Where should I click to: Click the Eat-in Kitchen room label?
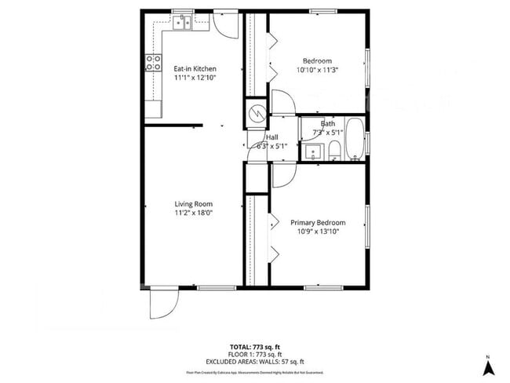point(195,68)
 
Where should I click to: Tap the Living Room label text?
point(194,204)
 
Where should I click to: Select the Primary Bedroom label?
point(318,223)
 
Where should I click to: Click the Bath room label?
point(328,123)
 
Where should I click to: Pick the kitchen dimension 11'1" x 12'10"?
point(195,78)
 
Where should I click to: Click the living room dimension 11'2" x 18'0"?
point(194,213)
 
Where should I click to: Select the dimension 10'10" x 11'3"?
point(317,70)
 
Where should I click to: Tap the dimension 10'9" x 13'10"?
point(317,232)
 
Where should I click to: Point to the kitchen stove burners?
point(152,64)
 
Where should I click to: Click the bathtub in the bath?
point(354,139)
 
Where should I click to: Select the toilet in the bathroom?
point(334,149)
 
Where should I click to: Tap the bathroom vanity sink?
point(313,151)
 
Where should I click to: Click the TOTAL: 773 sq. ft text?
point(255,346)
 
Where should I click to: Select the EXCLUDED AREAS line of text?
point(255,361)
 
